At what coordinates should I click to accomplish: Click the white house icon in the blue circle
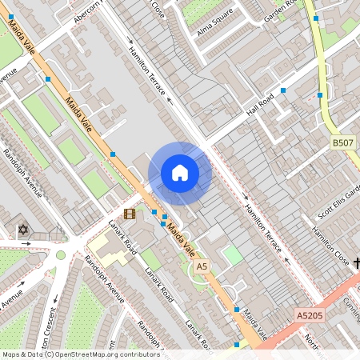click(x=180, y=173)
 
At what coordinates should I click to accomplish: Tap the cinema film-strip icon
click(x=130, y=214)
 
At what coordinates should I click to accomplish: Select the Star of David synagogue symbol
click(x=22, y=230)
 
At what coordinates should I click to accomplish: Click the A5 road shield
click(x=202, y=266)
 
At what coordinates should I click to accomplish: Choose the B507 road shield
click(x=343, y=143)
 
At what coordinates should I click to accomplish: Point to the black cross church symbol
click(x=356, y=262)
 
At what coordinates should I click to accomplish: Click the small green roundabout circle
click(x=61, y=255)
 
